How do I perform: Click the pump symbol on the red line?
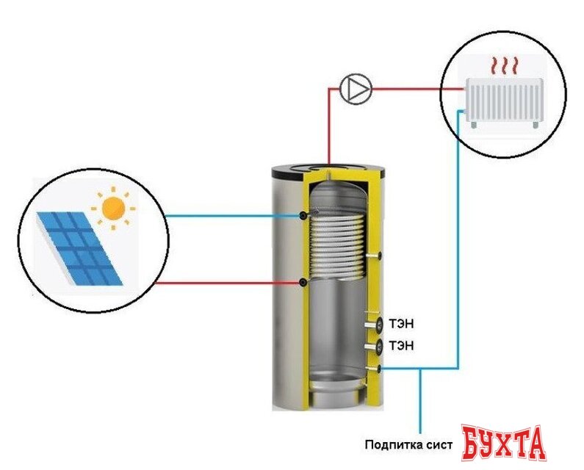point(356,88)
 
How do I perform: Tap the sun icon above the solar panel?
point(113,208)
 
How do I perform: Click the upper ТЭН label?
point(402,324)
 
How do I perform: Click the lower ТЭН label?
point(402,346)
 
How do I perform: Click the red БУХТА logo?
point(503,442)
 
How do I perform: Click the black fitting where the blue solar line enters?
point(304,215)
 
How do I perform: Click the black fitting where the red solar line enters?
point(304,283)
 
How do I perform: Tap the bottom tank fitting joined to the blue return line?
point(378,369)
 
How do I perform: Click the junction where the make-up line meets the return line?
point(421,369)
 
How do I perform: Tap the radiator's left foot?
point(472,124)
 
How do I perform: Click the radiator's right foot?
point(536,124)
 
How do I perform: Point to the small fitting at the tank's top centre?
point(328,174)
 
